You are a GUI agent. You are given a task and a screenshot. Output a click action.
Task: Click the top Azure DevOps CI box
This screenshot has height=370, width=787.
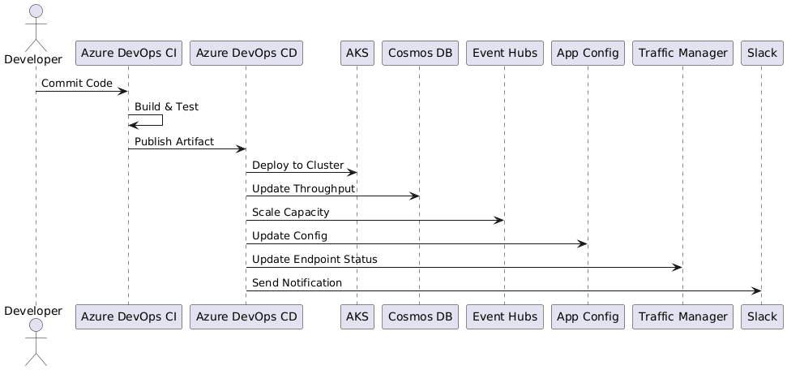click(128, 54)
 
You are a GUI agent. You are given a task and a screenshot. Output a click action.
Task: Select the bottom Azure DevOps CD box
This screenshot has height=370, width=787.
click(246, 316)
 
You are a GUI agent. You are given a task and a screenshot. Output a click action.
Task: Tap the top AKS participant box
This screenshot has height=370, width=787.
click(356, 54)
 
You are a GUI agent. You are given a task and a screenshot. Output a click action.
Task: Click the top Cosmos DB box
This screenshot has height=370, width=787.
click(419, 54)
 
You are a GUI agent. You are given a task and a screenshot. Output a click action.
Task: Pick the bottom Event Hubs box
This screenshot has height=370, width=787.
click(504, 316)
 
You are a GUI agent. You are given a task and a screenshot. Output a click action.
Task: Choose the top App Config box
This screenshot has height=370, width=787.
click(587, 54)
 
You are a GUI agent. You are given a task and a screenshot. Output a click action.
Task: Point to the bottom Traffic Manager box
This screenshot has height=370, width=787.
click(682, 316)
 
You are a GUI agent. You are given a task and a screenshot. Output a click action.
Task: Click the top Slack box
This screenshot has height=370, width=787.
click(760, 54)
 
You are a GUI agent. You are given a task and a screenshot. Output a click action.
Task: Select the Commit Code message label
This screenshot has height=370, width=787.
click(77, 84)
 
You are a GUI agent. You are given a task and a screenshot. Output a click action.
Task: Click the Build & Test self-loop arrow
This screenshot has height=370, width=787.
click(160, 120)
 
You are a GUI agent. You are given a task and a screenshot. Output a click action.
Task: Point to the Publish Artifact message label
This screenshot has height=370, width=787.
click(174, 142)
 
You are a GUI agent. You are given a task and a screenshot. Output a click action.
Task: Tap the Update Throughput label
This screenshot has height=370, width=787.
click(303, 189)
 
